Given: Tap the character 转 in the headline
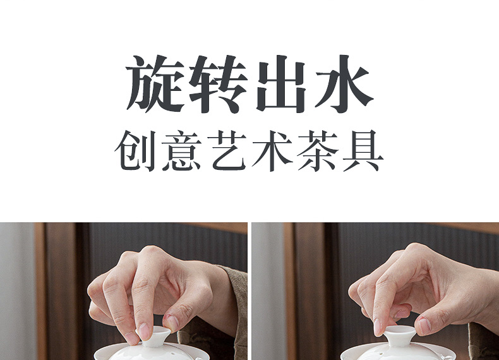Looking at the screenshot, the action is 218,84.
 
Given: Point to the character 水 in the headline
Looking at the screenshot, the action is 344,83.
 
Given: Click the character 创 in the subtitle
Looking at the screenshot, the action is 135,150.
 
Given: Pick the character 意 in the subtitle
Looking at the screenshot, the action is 181,150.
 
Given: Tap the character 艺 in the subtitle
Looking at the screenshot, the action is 227,150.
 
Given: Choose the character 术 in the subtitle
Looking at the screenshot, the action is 272,150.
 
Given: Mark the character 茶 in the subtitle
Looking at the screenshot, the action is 318,150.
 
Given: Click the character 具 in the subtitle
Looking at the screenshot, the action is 363,150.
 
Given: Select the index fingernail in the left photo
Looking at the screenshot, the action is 144,331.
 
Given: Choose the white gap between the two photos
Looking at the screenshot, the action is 249,291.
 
